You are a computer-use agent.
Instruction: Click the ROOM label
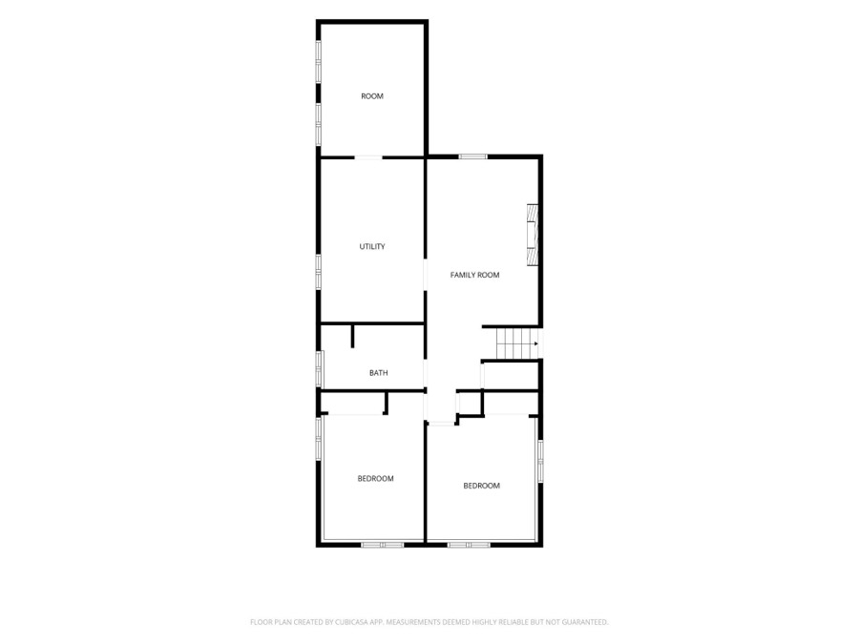[372, 96]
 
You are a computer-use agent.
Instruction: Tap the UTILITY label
[372, 246]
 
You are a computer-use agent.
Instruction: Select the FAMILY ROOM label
[474, 275]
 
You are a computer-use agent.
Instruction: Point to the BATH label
[379, 373]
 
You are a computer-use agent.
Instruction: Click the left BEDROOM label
[375, 479]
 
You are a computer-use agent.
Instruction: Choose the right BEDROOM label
[482, 486]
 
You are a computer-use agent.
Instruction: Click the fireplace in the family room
[532, 235]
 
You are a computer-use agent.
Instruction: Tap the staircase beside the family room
[517, 343]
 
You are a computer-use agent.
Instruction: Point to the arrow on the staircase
[535, 343]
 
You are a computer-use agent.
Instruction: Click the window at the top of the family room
[472, 156]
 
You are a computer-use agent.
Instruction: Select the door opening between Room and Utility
[368, 157]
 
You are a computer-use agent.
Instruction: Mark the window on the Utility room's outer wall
[318, 272]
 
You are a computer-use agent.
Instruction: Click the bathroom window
[319, 369]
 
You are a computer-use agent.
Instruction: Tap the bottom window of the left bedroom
[383, 545]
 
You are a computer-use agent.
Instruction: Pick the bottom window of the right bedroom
[469, 545]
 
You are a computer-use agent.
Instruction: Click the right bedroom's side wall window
[540, 461]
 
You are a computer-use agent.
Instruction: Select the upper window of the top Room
[318, 62]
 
